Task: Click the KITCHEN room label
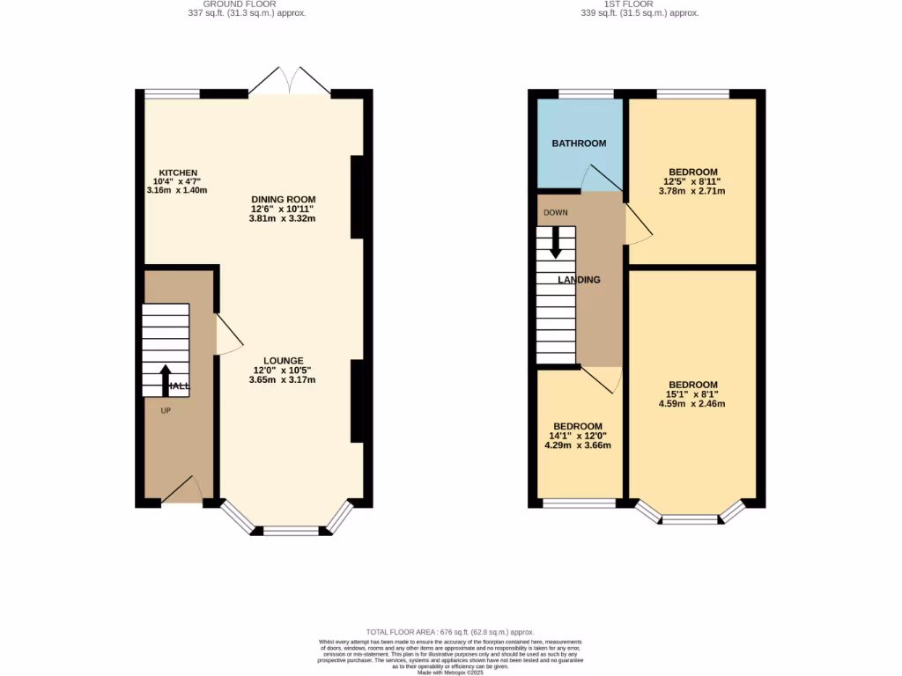(x=177, y=173)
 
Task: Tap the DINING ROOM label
(x=283, y=200)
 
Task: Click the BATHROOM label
(x=579, y=143)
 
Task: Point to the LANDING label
(x=579, y=280)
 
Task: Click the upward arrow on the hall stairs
(x=166, y=378)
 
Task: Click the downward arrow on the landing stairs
(x=555, y=242)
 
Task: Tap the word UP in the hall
(x=166, y=410)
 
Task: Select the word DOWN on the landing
(x=555, y=213)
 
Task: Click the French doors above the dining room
(x=290, y=81)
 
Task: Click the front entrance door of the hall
(x=182, y=490)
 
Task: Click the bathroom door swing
(x=601, y=179)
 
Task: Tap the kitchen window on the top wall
(x=173, y=93)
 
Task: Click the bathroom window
(x=587, y=93)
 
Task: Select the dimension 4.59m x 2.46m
(x=692, y=404)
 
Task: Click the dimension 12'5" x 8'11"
(x=692, y=181)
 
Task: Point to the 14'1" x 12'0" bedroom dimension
(x=578, y=436)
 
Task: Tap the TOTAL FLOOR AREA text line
(x=451, y=632)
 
